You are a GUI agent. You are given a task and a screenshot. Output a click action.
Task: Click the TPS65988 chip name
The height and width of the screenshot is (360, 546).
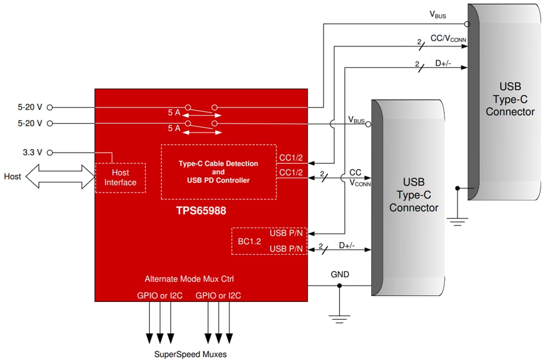(201, 211)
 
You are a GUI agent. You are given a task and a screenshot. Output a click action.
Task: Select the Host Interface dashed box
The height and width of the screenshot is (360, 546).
(120, 178)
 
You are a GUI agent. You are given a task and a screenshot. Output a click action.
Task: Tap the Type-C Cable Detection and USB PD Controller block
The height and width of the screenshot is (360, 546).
(218, 172)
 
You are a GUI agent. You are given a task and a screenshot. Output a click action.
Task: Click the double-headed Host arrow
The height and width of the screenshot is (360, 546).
(59, 177)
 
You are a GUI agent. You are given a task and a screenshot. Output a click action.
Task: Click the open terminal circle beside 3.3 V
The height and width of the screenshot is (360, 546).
(49, 153)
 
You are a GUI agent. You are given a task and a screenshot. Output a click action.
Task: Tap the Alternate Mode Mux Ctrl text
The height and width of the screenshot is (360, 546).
(189, 279)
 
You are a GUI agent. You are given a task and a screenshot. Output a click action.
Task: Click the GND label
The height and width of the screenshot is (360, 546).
(340, 274)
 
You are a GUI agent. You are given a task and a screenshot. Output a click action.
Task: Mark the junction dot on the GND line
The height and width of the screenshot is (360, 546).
(340, 286)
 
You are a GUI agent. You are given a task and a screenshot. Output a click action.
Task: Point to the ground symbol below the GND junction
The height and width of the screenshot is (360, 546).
(340, 318)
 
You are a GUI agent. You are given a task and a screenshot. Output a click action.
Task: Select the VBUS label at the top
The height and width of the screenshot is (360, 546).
(437, 15)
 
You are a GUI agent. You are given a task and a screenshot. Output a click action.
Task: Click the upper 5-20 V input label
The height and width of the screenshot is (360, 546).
(30, 107)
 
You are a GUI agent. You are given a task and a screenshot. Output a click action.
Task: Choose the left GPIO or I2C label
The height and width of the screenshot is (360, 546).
(160, 296)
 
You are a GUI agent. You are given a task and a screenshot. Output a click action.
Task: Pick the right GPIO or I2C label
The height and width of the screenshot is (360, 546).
(218, 296)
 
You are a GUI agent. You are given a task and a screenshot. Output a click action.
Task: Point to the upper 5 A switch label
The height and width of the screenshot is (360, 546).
(174, 112)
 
